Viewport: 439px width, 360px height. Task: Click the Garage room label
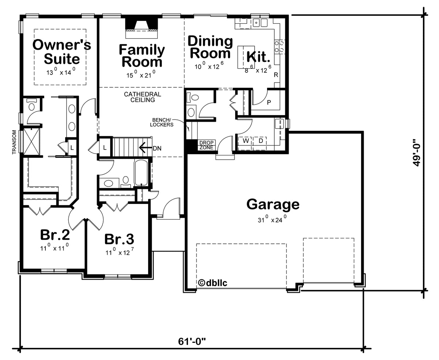coord(273,204)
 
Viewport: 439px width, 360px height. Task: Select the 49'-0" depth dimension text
coord(417,152)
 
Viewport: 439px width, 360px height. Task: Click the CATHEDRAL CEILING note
coord(142,97)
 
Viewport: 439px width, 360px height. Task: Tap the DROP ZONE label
coord(206,145)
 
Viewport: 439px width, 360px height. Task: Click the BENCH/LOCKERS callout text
coord(162,122)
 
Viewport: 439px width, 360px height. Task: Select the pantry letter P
coord(269,102)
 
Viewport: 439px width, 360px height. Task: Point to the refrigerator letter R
coord(276,75)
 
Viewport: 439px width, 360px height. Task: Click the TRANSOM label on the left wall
coord(14,142)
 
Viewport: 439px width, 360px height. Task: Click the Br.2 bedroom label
coord(55,234)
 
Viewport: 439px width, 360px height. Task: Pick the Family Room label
coord(142,56)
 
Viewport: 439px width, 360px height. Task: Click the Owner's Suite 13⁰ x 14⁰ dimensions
coord(61,71)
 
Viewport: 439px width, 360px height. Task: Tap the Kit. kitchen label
coord(258,57)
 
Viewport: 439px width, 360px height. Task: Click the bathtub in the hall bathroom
coord(141,173)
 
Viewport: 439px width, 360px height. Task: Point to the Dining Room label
coord(210,47)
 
